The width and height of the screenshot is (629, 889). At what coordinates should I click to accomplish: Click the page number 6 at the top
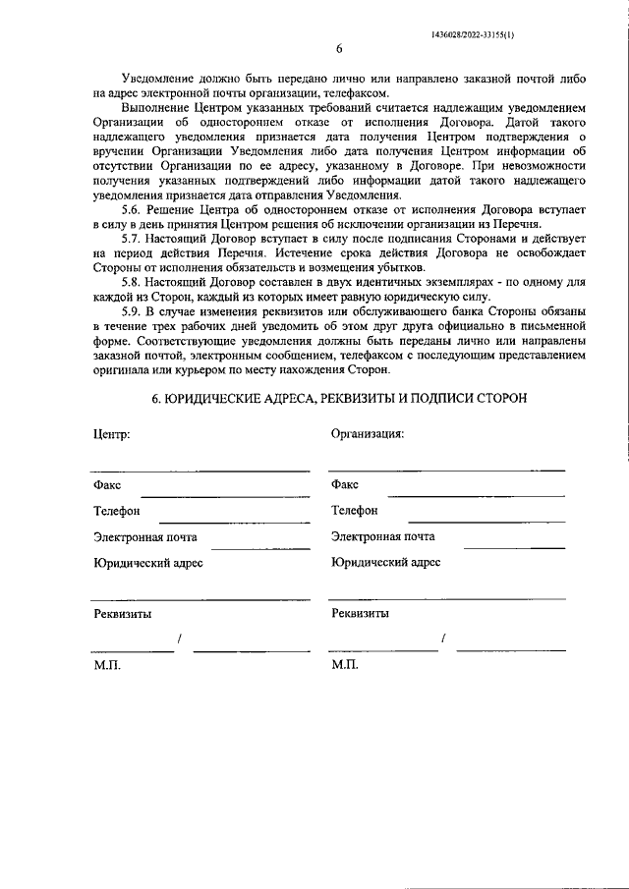(338, 48)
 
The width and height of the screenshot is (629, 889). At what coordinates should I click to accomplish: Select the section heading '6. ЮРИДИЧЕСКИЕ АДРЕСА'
(339, 398)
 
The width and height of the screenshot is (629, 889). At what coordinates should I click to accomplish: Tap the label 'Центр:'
(111, 433)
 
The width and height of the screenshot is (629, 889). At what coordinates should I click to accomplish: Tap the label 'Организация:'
(368, 433)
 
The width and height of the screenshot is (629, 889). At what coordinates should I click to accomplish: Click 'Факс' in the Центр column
(107, 484)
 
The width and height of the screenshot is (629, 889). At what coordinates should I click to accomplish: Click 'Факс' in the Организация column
(345, 484)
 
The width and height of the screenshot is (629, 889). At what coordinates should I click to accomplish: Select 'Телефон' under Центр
(117, 511)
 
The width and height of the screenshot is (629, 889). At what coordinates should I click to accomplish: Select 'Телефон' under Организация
(355, 511)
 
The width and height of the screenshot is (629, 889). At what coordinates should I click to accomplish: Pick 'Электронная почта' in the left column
(145, 537)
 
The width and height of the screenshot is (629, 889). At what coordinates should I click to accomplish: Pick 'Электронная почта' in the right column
(383, 537)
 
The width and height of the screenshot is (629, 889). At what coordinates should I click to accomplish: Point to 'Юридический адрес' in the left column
(148, 563)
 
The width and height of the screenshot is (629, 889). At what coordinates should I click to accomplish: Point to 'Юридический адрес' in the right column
(386, 563)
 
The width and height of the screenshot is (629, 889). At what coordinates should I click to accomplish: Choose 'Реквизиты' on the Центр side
(123, 614)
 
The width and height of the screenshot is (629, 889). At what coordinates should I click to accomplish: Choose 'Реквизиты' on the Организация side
(360, 614)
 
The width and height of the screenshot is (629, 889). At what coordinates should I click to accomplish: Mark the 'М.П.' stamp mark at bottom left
(106, 665)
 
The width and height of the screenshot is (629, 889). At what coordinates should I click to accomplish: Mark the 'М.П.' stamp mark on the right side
(345, 665)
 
